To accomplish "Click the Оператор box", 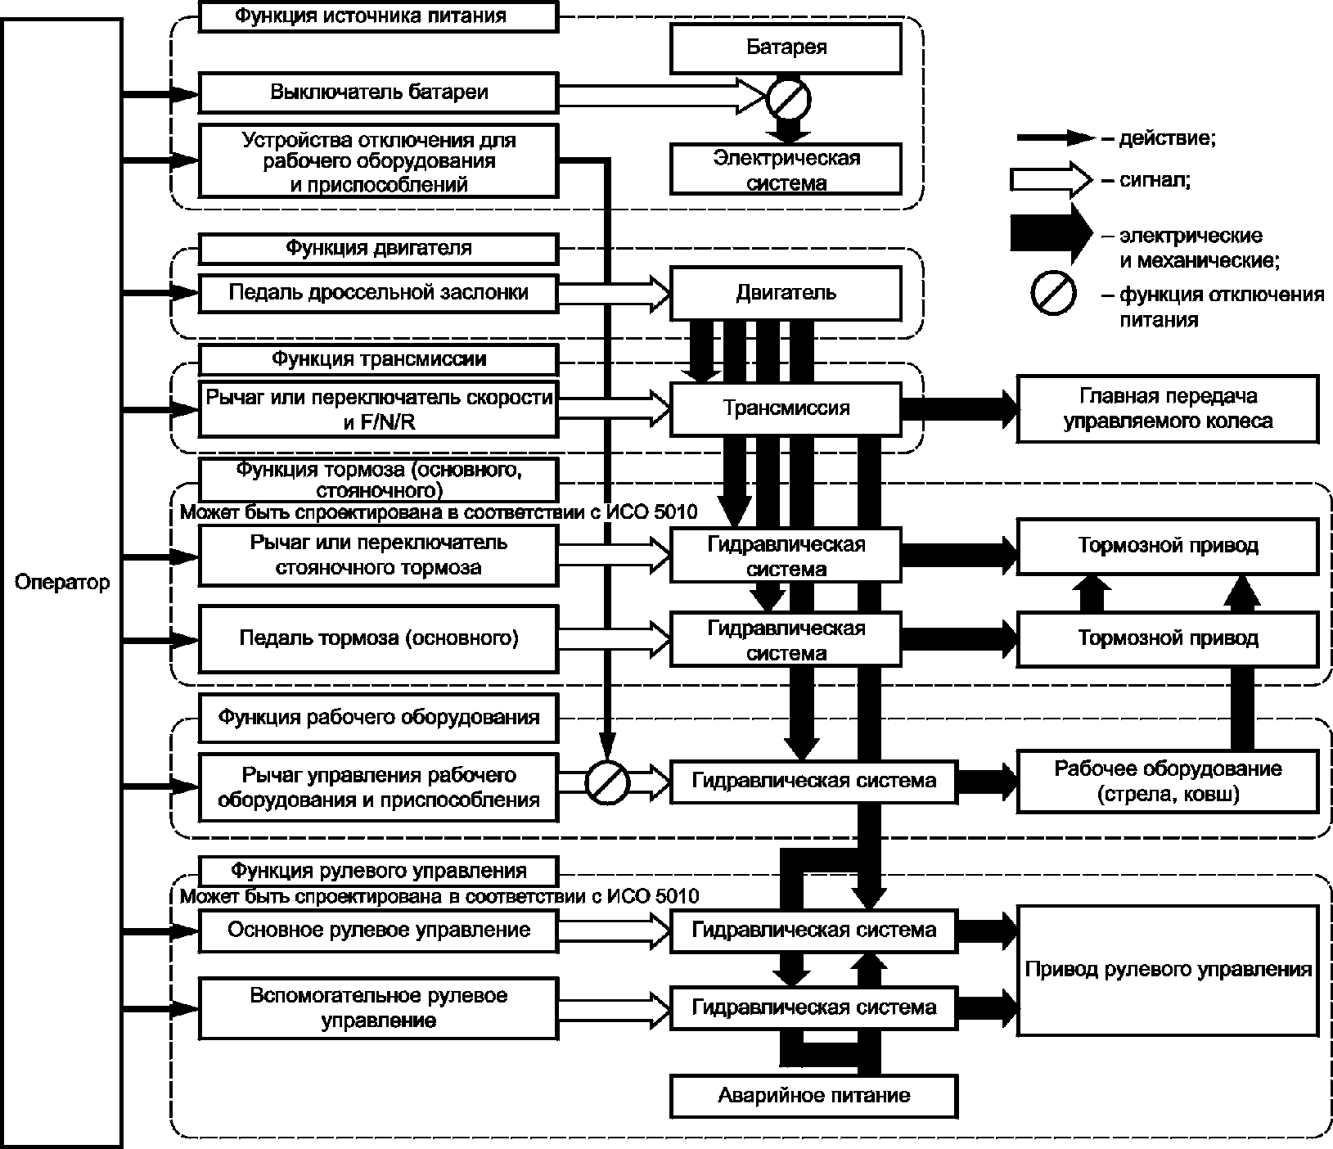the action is [x=61, y=583].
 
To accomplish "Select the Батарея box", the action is [x=786, y=47].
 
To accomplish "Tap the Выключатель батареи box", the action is [x=379, y=92].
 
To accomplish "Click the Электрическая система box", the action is [x=786, y=169].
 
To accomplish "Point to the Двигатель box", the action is [x=786, y=293].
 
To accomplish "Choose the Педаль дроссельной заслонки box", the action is [x=379, y=293].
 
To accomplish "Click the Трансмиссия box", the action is [x=786, y=408].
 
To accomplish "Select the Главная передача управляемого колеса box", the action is [x=1168, y=408].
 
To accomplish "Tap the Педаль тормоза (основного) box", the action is [x=379, y=638].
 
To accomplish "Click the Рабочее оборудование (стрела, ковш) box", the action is [x=1168, y=781].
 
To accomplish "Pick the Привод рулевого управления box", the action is [x=1168, y=970].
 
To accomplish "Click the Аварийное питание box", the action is [x=813, y=1095].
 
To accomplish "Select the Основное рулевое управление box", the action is [x=379, y=930].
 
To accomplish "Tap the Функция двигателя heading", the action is [x=379, y=248].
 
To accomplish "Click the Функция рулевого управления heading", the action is [x=379, y=870].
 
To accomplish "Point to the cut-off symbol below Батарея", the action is [x=788, y=98].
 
